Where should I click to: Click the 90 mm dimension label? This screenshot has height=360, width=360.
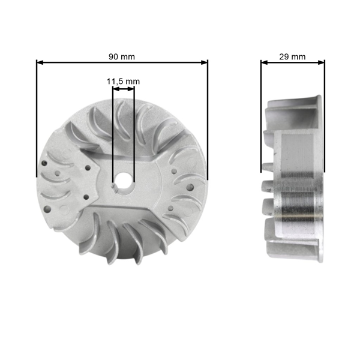(122, 56)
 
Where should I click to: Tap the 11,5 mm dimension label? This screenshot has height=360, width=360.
(123, 81)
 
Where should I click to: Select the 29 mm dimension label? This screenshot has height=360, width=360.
(292, 56)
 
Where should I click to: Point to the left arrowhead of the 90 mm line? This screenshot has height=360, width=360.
(40, 62)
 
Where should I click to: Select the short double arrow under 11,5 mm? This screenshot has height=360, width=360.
(124, 89)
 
